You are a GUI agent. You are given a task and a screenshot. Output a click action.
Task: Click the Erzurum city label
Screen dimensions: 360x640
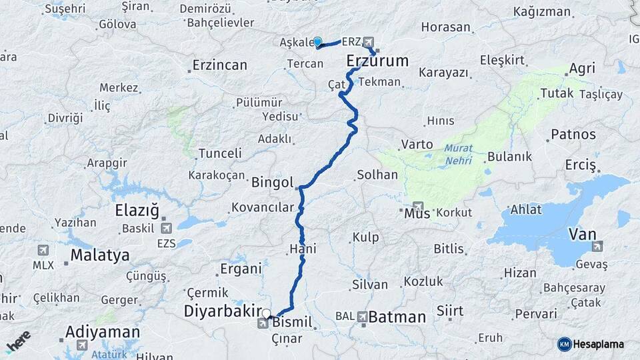point(377,61)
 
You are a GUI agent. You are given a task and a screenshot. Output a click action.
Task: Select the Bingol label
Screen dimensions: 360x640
point(273,182)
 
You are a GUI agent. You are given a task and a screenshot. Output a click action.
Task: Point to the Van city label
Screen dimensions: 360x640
point(581,234)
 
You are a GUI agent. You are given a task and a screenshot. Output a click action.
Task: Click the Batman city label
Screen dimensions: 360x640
point(397,317)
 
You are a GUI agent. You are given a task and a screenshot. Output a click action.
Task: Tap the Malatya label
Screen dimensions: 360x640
point(100,255)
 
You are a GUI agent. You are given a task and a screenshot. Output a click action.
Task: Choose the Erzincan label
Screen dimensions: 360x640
point(219,65)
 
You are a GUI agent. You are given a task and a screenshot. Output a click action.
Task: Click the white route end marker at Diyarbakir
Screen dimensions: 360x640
point(266,313)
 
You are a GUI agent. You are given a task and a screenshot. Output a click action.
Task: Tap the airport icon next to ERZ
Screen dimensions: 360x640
point(369,41)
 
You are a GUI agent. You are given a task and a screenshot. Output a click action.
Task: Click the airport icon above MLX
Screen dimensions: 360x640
point(43,250)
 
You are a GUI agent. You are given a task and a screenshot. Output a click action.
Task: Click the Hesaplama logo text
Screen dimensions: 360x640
point(599,344)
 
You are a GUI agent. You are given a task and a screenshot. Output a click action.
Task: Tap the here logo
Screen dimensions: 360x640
point(18,341)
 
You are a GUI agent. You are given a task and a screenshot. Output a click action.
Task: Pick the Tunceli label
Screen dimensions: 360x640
point(220,153)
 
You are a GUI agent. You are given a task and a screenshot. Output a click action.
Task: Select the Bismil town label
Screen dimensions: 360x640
point(292,323)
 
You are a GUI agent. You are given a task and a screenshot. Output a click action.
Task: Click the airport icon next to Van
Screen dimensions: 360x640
point(597,246)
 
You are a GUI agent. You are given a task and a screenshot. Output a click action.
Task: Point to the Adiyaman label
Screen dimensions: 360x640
point(103,331)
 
